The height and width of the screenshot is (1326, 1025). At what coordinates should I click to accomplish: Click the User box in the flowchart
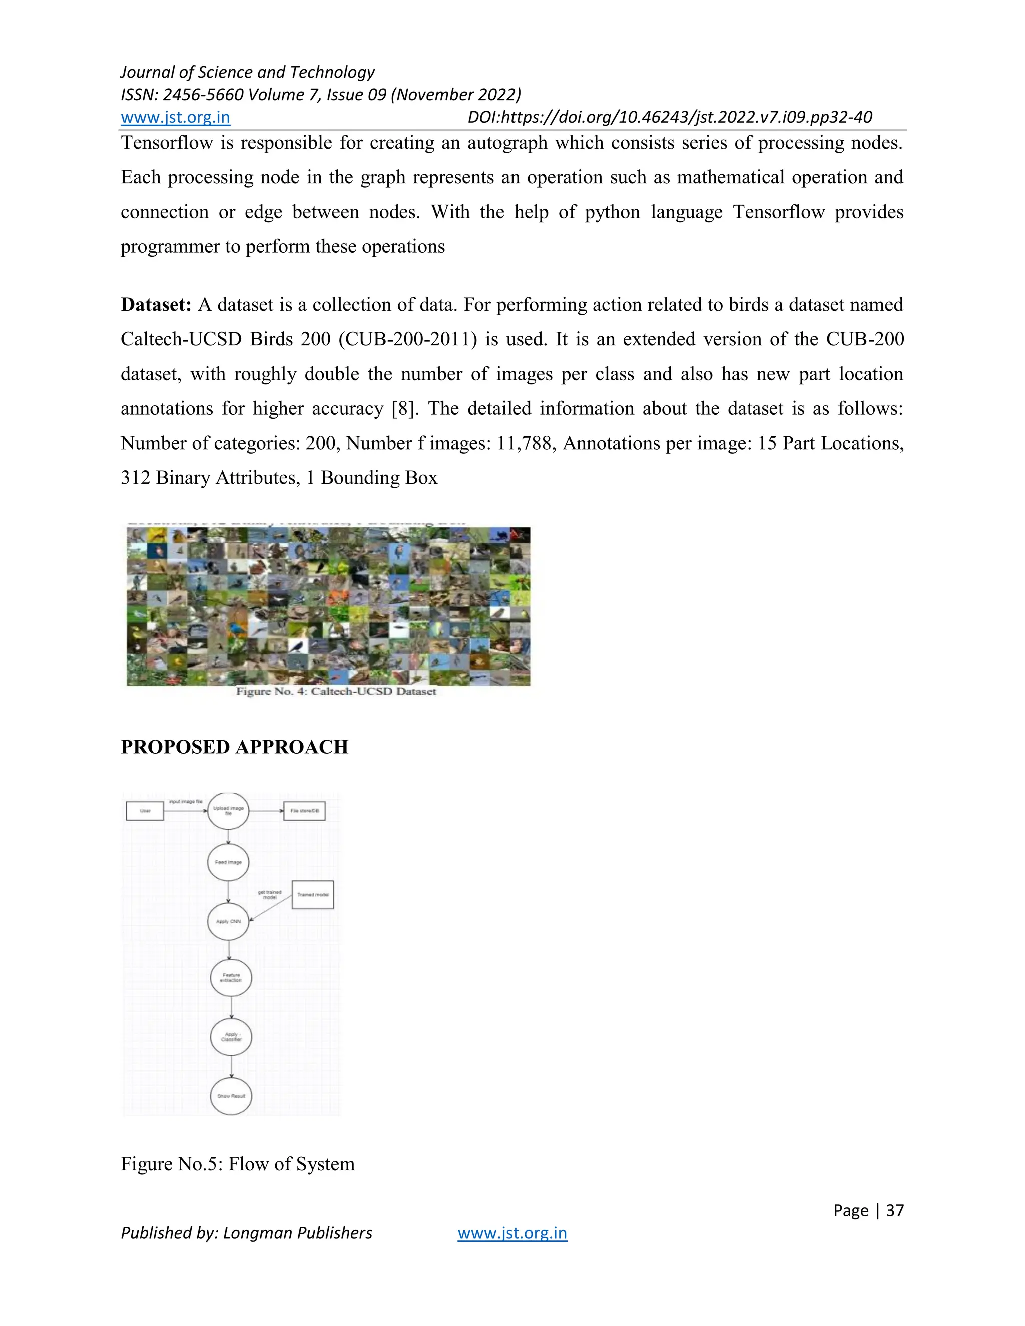(x=145, y=811)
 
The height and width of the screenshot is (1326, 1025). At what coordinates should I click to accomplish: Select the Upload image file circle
(x=228, y=811)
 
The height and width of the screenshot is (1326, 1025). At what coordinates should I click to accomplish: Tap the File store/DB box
(x=304, y=811)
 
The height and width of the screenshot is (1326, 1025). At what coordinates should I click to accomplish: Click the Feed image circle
(x=228, y=862)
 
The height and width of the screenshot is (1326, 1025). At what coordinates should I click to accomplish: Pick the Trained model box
(x=313, y=894)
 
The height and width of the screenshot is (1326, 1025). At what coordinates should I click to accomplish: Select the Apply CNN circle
(x=228, y=921)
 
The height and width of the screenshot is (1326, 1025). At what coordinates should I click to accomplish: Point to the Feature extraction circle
(x=231, y=978)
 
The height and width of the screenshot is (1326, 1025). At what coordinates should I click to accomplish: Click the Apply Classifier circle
(x=231, y=1036)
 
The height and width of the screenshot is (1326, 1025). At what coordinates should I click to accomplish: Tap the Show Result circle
(x=231, y=1096)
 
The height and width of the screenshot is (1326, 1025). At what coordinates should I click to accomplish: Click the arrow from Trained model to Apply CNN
(x=271, y=908)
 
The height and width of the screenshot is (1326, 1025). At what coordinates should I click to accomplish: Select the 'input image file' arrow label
(x=185, y=802)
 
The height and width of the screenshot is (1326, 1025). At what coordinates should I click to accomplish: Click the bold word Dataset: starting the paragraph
(x=156, y=305)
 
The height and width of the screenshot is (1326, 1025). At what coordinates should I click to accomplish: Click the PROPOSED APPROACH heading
(x=234, y=747)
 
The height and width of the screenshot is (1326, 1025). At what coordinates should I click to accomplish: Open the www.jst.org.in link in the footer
(x=512, y=1233)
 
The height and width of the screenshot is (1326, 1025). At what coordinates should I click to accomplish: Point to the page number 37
(x=894, y=1210)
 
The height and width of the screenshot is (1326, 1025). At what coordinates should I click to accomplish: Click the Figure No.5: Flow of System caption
(x=237, y=1164)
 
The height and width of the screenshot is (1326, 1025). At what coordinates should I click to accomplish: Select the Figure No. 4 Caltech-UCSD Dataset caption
(x=336, y=691)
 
